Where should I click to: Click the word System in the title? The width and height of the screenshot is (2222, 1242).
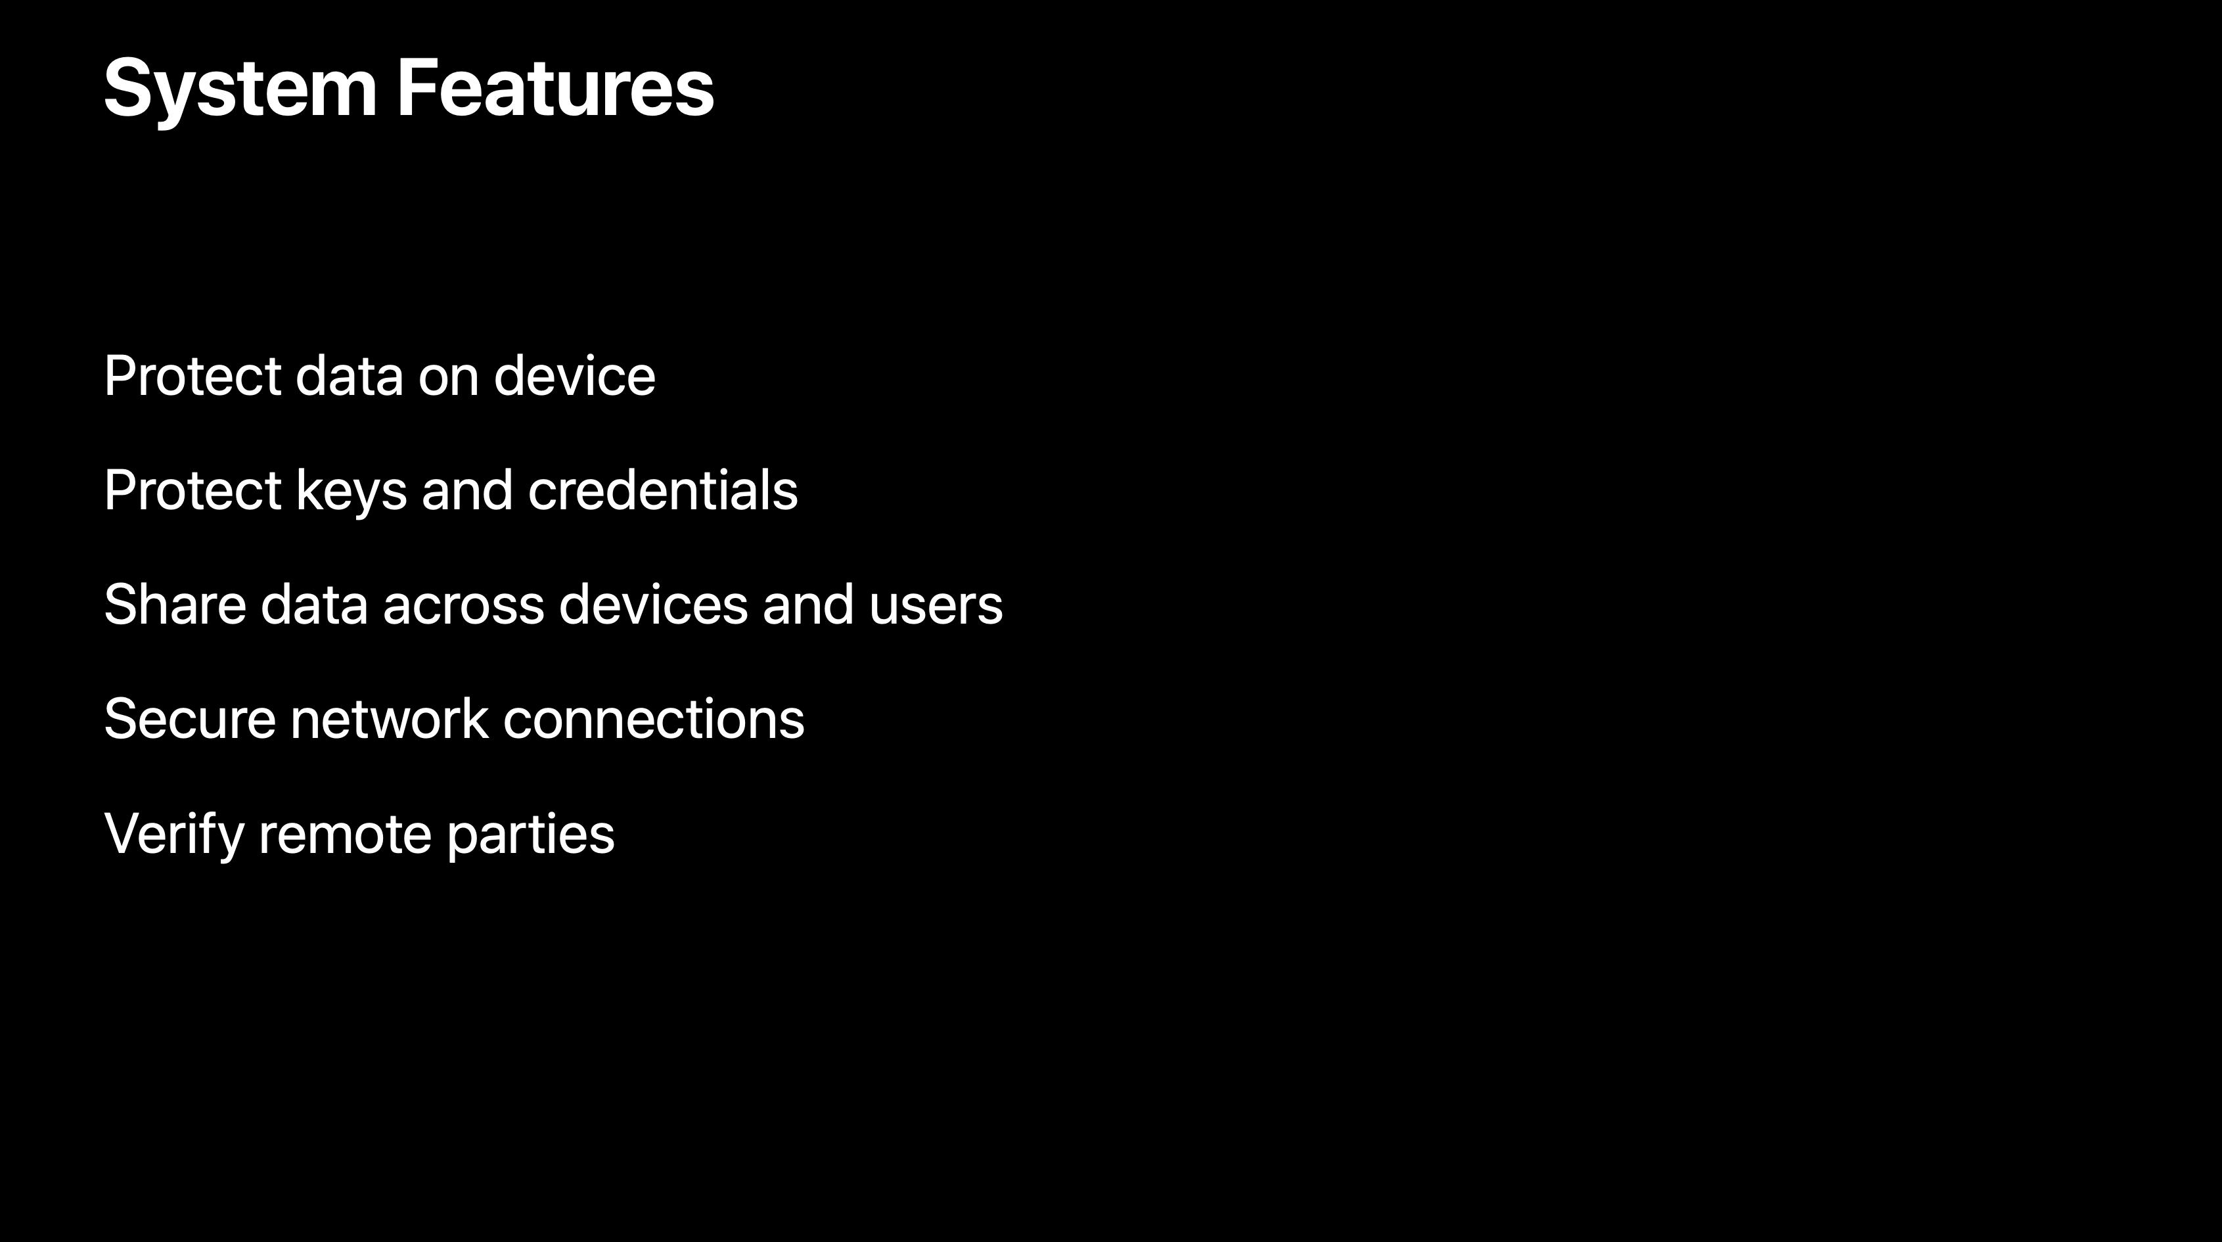click(x=240, y=89)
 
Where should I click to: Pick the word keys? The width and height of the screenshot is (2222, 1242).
click(x=351, y=492)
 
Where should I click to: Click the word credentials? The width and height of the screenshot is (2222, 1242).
click(x=662, y=490)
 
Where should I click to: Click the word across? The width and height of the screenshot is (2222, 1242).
click(x=463, y=610)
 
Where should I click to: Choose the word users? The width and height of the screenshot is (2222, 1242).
click(x=936, y=610)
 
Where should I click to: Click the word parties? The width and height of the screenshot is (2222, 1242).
click(x=530, y=837)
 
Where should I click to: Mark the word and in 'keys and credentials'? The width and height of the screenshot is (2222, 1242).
click(x=466, y=490)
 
